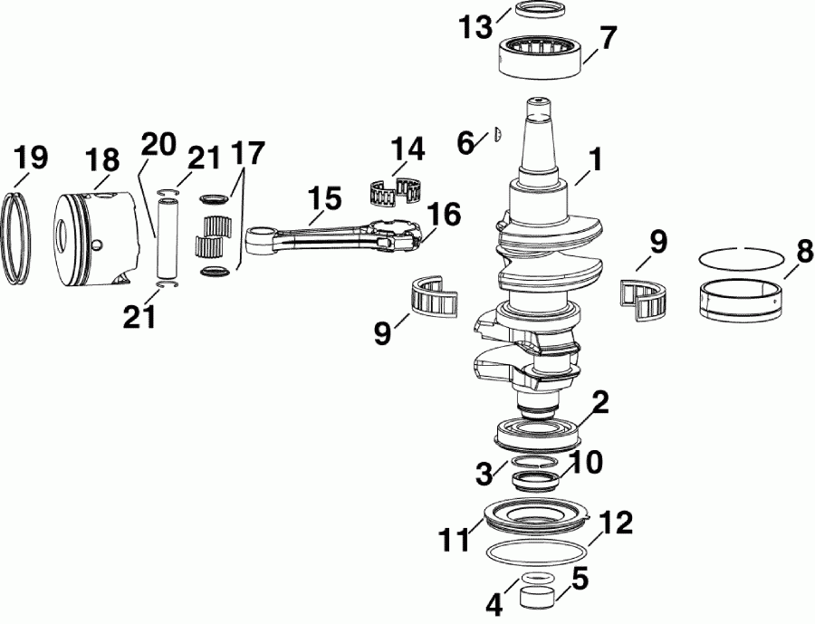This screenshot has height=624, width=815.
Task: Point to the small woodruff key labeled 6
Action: pyautogui.click(x=497, y=135)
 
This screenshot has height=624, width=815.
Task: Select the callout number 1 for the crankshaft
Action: pyautogui.click(x=593, y=164)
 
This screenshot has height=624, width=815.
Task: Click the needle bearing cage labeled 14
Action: pyautogui.click(x=398, y=191)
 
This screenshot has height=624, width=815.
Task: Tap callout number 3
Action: pyautogui.click(x=484, y=472)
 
